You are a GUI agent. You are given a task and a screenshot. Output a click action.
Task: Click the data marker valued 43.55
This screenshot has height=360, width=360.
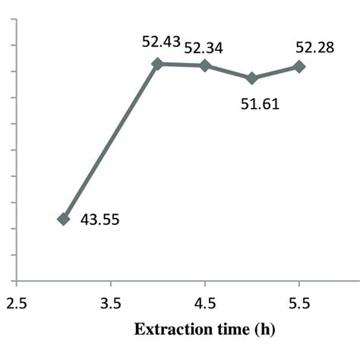(64, 219)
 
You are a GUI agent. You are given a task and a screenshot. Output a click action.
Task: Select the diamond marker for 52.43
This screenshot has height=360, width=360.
(158, 64)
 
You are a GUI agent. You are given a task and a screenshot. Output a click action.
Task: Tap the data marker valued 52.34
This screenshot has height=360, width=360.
(205, 65)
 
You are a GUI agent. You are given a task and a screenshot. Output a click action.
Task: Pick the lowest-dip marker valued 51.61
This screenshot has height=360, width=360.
(252, 78)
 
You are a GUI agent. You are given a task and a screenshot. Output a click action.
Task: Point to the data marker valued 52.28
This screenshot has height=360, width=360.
(299, 67)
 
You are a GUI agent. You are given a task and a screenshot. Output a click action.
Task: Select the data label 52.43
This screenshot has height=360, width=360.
(161, 42)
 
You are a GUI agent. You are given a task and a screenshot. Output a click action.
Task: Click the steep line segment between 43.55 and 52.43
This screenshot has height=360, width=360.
(111, 141)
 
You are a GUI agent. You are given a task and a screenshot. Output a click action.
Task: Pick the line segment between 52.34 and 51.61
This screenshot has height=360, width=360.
(229, 72)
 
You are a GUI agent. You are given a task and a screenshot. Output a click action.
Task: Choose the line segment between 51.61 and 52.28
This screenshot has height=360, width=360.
(276, 73)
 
